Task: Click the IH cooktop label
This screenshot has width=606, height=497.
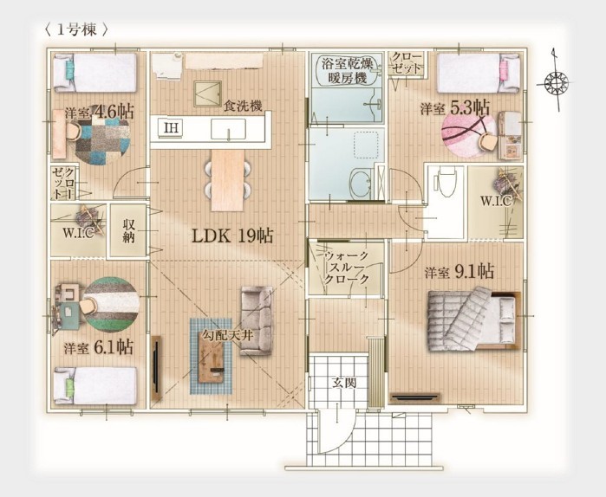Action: tap(171, 128)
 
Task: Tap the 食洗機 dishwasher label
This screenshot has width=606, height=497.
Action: tap(244, 106)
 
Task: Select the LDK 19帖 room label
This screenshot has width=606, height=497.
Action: tap(232, 236)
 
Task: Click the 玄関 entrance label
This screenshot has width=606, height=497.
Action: tap(344, 383)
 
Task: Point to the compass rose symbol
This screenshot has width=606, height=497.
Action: tap(556, 82)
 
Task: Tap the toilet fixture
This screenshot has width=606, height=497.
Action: tap(446, 179)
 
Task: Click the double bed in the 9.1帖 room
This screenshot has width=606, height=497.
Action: tap(474, 319)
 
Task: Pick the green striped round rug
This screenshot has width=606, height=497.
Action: tap(111, 305)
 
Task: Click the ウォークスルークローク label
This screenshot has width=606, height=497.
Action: tap(347, 267)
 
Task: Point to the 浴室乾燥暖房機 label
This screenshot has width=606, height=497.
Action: tap(348, 71)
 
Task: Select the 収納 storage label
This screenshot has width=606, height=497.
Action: tap(128, 231)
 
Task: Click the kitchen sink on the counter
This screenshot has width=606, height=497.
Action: tap(228, 129)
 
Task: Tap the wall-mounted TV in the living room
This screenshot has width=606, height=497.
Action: tap(157, 368)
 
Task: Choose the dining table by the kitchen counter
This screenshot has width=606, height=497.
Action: tap(228, 180)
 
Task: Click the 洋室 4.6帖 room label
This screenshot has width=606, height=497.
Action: tap(100, 112)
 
